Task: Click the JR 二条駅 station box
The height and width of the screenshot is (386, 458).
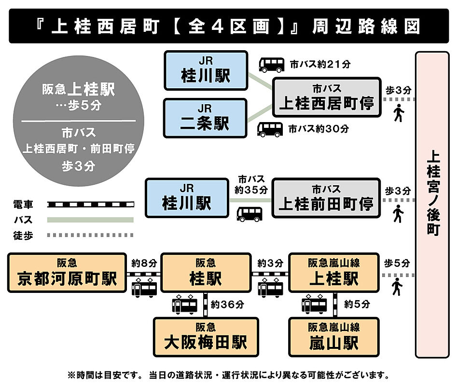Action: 205,118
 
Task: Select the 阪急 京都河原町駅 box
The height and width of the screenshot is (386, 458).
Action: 67,273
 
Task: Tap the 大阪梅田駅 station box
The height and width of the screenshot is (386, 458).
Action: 206,337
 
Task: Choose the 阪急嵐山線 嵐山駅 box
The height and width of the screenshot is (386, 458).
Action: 334,337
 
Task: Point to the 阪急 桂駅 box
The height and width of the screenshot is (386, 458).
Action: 206,273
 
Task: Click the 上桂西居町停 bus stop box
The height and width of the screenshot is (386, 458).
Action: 327,97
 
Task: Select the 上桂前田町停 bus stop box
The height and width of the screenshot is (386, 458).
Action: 326,198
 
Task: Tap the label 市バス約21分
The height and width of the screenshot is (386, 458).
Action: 320,64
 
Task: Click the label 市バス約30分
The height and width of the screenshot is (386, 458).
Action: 319,128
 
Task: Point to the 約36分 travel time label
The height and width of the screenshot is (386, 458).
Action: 227,304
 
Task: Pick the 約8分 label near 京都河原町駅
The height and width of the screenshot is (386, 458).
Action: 144,263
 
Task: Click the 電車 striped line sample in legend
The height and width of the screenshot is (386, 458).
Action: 91,205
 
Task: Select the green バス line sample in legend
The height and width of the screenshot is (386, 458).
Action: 91,220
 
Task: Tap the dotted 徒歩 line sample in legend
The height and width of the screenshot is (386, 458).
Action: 91,235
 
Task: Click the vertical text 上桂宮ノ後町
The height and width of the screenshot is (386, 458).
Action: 433,193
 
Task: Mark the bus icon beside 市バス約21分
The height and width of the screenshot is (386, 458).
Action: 272,65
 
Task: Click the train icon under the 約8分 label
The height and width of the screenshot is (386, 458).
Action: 144,287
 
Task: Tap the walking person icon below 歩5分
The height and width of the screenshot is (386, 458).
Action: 397,287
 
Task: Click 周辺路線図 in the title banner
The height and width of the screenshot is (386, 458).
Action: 366,26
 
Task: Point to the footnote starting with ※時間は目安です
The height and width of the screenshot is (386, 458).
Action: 228,375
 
